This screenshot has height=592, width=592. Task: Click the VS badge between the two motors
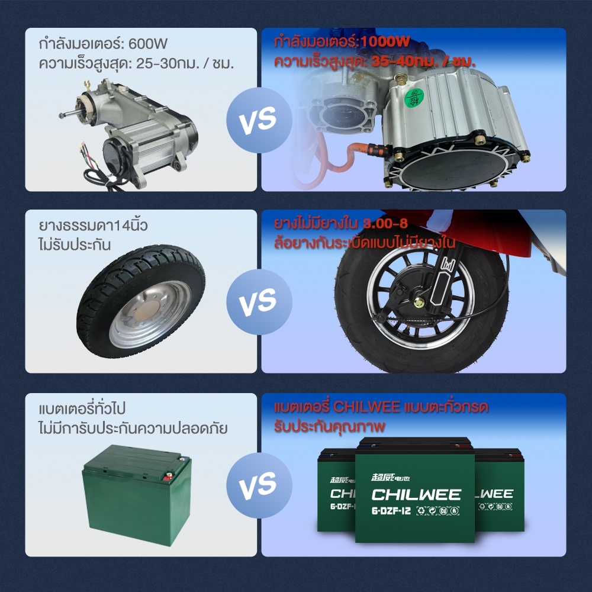(x=259, y=120)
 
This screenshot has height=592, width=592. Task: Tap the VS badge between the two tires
(x=259, y=302)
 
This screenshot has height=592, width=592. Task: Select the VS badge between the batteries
(x=259, y=485)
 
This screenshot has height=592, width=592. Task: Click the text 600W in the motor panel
(x=148, y=44)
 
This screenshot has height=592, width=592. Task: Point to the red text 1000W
(x=385, y=41)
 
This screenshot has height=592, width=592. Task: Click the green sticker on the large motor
(x=413, y=98)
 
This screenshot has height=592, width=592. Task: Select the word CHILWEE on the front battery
(x=416, y=494)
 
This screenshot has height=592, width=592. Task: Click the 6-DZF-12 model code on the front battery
(x=391, y=511)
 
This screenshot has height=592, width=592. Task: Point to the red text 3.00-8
(x=385, y=224)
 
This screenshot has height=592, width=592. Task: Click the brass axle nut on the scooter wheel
(x=419, y=302)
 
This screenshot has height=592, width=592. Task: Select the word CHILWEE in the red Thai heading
(x=366, y=407)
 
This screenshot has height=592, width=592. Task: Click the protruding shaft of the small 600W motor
(x=69, y=114)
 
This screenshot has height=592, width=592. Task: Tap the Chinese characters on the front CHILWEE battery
(x=390, y=478)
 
